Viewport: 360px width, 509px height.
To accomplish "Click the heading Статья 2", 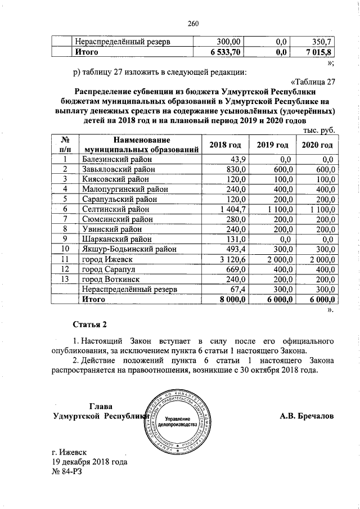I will pos(89,325).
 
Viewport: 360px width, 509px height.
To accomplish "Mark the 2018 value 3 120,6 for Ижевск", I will pos(229,259).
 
